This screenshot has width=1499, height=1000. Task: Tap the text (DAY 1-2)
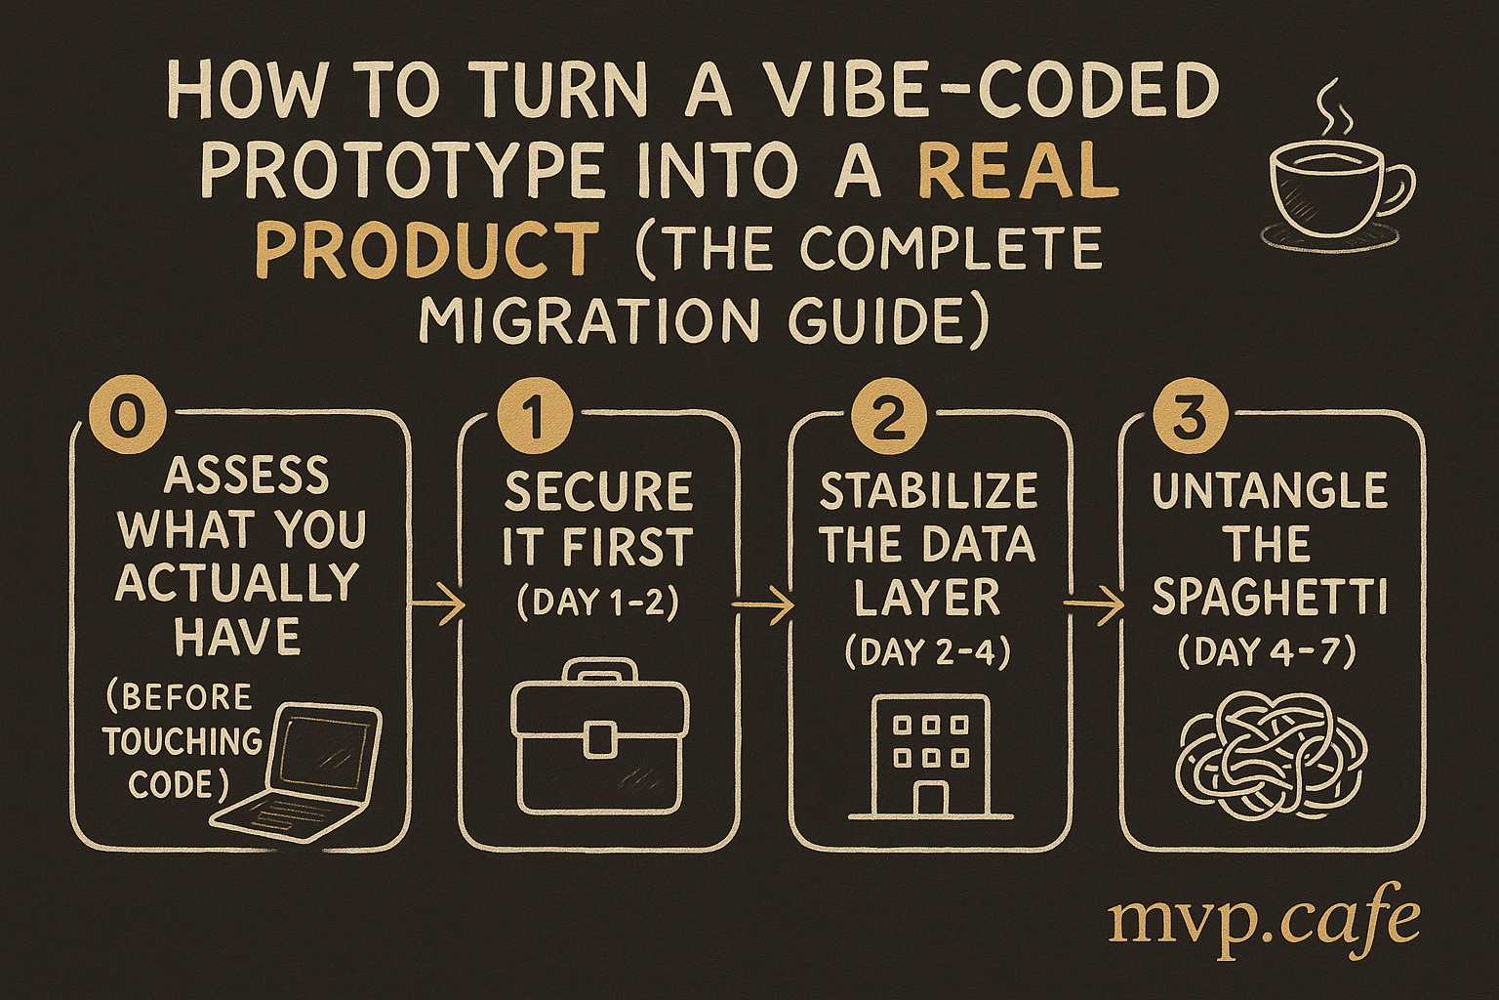598,603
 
